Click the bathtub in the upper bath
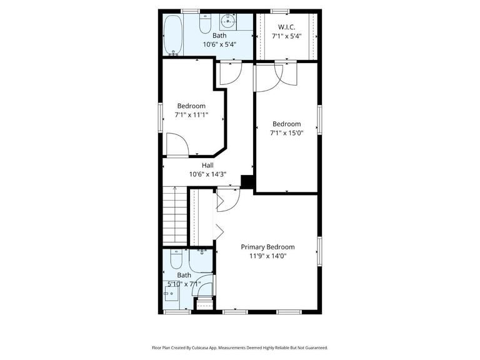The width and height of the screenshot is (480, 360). [x=173, y=35]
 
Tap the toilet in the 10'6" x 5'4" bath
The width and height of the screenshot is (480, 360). [x=204, y=24]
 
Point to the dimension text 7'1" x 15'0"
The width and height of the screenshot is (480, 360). [x=286, y=133]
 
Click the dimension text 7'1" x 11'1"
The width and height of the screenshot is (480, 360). [x=191, y=115]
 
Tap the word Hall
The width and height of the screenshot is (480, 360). [x=207, y=165]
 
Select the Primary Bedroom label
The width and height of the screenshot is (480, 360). [x=267, y=247]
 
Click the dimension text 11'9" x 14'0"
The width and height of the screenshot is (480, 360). [x=267, y=256]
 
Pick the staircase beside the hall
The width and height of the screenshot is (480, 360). [x=175, y=215]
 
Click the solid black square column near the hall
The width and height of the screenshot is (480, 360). [x=247, y=181]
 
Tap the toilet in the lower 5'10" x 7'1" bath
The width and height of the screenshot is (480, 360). [x=176, y=257]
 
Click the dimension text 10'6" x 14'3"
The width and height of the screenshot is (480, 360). [x=207, y=174]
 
